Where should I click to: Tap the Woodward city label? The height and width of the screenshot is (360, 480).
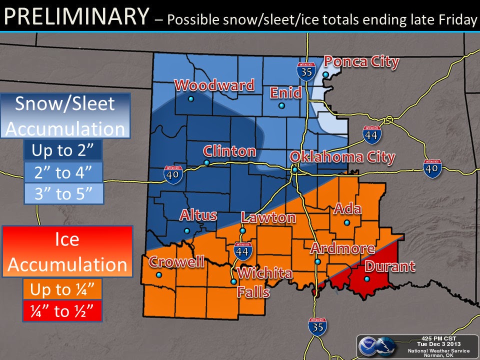coord(214,85)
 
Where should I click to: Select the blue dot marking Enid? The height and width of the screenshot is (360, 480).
coord(281,105)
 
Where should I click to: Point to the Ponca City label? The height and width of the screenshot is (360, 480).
coord(361,61)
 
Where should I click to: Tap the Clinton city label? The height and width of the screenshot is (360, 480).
coord(229,151)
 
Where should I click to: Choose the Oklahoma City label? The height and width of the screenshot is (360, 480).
coord(342,157)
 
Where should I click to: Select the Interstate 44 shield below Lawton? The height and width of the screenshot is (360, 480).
coord(242,249)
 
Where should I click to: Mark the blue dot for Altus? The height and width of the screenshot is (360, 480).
coord(186,230)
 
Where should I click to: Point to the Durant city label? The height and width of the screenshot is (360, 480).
coord(390,266)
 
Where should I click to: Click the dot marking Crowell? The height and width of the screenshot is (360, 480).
coord(159,275)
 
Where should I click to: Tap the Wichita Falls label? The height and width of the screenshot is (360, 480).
coord(257,282)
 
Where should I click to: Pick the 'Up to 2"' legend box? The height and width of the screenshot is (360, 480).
coord(63,150)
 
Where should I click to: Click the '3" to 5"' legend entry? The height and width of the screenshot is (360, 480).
coord(63,193)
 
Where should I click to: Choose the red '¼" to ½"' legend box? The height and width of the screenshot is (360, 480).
coord(62,311)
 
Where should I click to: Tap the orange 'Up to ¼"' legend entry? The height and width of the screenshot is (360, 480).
coord(62,289)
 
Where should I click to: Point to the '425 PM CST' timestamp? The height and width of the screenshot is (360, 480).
coord(437,338)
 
